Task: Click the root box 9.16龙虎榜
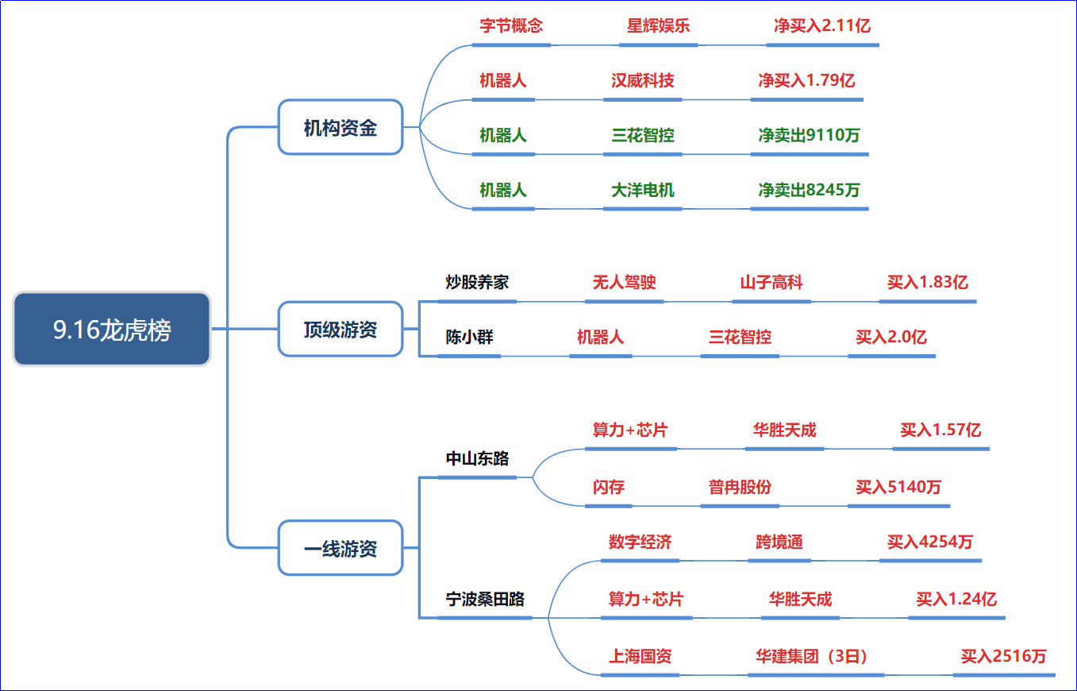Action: pos(112,329)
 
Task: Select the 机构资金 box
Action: pos(340,128)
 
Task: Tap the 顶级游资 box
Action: pos(340,329)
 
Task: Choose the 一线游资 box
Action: pos(340,547)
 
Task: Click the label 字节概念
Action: pos(511,25)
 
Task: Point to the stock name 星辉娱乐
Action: pos(658,25)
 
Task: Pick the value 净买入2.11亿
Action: pos(822,25)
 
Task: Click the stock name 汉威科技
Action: pos(642,80)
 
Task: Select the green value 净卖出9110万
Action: pos(810,135)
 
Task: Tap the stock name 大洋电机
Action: pos(642,190)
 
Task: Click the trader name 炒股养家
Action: pos(477,282)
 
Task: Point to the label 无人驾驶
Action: pos(624,282)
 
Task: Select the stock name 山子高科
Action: pos(771,282)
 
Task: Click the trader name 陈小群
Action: pos(469,337)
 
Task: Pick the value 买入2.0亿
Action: pos(891,337)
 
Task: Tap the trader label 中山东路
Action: pos(477,458)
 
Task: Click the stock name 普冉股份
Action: pos(740,487)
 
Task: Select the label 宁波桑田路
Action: pos(485,599)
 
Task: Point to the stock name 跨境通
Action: pos(779,542)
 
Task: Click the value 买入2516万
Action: pos(1003,656)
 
